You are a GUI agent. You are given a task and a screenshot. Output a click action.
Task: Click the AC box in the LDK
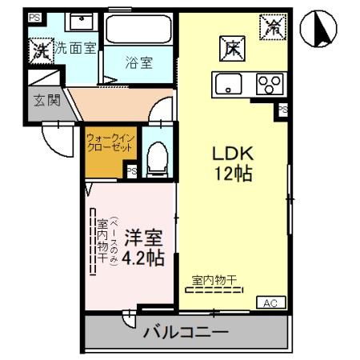click(269, 302)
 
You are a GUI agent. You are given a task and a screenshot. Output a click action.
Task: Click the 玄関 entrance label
click(44, 101)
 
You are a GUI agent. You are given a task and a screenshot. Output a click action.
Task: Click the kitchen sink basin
click(227, 84)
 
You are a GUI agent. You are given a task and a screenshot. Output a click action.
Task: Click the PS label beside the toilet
click(132, 170)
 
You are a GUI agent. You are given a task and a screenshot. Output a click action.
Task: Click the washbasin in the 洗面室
click(78, 22)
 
